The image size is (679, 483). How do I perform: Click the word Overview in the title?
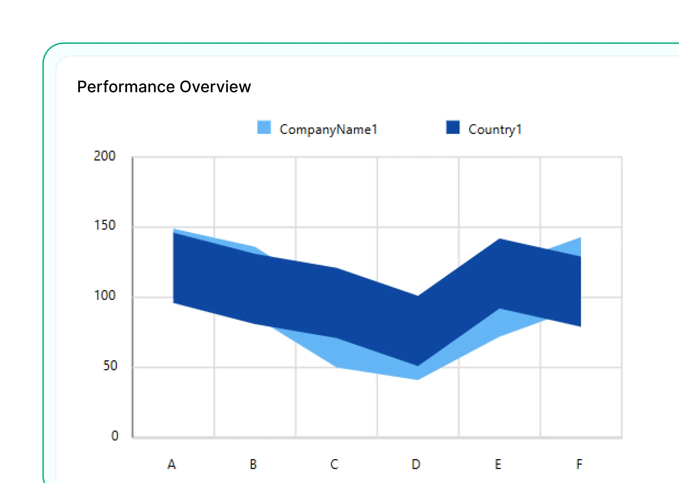click(216, 87)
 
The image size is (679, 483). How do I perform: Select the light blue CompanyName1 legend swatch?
click(264, 127)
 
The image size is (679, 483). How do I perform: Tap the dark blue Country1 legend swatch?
click(453, 127)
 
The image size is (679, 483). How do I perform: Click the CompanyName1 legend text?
click(329, 129)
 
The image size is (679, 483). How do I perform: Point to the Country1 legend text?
click(495, 129)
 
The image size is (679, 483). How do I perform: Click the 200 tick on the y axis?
click(104, 156)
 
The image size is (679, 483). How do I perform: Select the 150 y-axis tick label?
click(105, 225)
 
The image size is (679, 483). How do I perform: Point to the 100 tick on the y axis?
click(105, 295)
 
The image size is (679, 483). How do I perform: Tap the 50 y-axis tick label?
click(110, 366)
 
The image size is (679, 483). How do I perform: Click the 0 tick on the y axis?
click(115, 436)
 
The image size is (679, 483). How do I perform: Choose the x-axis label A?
click(171, 464)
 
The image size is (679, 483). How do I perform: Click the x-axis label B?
click(253, 464)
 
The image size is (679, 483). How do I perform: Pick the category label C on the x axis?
click(335, 464)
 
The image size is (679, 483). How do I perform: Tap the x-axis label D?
click(416, 464)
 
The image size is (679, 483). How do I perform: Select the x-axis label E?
click(498, 464)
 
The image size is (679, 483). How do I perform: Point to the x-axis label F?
click(579, 464)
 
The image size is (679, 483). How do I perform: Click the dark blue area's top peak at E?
click(499, 239)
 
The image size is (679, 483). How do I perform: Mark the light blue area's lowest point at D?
click(418, 379)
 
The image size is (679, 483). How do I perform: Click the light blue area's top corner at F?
click(581, 238)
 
